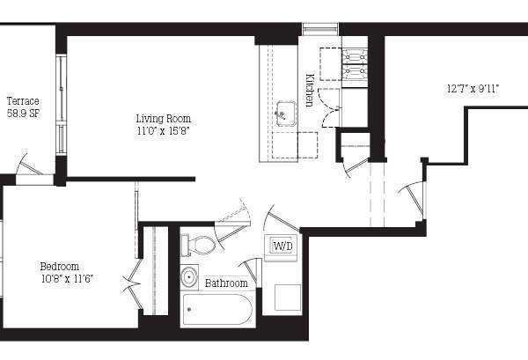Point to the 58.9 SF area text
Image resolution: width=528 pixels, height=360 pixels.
pos(23,114)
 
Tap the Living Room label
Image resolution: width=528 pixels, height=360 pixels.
pos(163,118)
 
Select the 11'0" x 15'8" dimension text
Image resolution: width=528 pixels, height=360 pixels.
pos(163,130)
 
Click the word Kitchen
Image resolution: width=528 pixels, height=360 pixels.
pos(310,89)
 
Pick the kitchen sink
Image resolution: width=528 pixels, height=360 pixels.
pos(285,112)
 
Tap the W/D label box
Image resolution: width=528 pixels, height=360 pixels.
pos(282,246)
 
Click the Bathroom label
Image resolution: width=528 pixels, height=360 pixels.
pos(226,283)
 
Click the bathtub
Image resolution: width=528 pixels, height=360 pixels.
pos(216,310)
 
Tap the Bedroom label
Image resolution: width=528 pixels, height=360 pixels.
pos(59,267)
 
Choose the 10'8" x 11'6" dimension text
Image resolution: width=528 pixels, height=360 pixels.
pos(67,279)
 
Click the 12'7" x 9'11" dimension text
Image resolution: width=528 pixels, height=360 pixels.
pos(473,87)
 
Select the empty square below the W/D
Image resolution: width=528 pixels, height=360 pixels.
pos(287,297)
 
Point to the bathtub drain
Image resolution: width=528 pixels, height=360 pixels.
pos(191,310)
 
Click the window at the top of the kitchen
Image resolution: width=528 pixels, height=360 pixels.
pos(320,29)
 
